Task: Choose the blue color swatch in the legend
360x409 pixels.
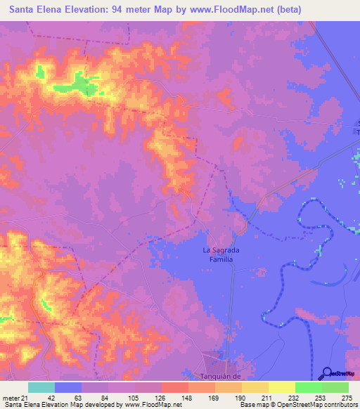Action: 68,387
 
